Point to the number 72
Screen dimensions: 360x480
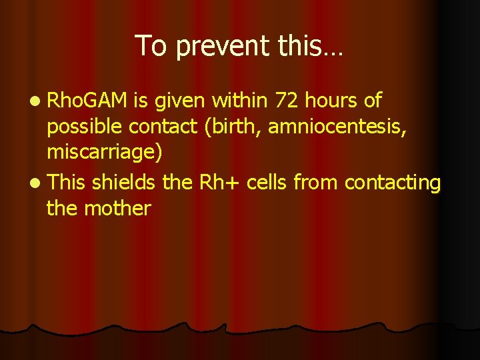click(281, 101)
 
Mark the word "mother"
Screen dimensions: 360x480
click(119, 208)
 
